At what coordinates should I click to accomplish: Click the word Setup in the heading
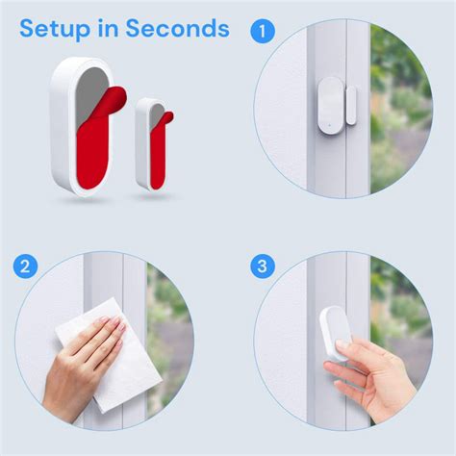(x=55, y=30)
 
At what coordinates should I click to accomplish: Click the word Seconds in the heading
(x=177, y=28)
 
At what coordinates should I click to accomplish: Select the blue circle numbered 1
(x=263, y=32)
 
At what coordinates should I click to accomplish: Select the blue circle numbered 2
(x=25, y=266)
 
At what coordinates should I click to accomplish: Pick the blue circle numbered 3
(x=263, y=266)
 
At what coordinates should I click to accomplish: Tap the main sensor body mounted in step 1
(x=330, y=107)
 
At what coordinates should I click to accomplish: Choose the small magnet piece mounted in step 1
(x=351, y=105)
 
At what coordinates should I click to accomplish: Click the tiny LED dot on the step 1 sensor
(x=328, y=126)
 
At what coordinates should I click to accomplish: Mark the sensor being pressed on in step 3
(x=336, y=334)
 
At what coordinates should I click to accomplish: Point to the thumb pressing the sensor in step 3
(x=342, y=347)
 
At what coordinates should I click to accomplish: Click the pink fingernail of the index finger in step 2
(x=104, y=319)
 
